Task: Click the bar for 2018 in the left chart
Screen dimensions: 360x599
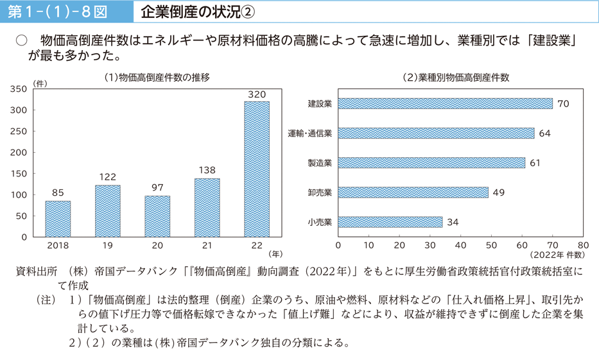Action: pos(58,219)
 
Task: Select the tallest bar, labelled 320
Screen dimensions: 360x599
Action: pos(257,169)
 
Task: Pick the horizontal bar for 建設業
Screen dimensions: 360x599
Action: pos(445,103)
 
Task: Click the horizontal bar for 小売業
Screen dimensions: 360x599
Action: pos(390,222)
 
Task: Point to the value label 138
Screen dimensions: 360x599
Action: pos(207,170)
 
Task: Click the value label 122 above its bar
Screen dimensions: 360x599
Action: pos(107,176)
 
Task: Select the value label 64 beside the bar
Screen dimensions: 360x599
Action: pos(545,133)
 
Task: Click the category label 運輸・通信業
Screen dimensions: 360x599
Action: pos(309,133)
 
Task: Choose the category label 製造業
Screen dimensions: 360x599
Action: pos(319,163)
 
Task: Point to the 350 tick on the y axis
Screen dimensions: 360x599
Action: pos(19,89)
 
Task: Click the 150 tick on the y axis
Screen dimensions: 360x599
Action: pos(19,173)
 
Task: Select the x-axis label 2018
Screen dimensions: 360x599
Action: pos(58,245)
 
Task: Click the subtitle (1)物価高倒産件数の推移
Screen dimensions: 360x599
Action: pos(157,77)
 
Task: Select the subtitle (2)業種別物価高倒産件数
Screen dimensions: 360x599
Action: pos(456,77)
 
